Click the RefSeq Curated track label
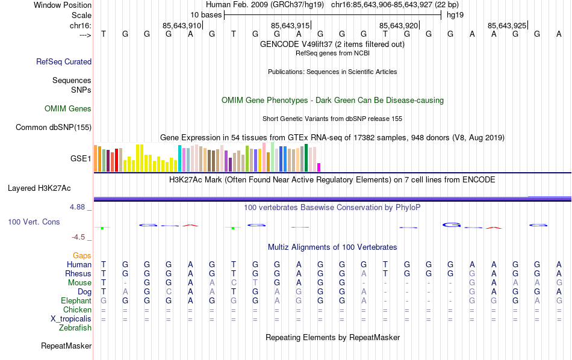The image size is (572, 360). [x=64, y=61]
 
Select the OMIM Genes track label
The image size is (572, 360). [x=68, y=109]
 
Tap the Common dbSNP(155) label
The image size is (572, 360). [x=54, y=127]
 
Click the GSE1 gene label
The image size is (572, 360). [x=81, y=159]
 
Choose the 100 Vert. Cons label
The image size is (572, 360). [x=34, y=222]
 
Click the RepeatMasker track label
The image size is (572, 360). [x=66, y=346]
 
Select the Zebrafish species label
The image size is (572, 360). [x=75, y=328]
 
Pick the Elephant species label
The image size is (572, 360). [x=76, y=300]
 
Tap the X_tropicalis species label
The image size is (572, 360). [x=71, y=318]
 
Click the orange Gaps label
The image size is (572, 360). [x=82, y=256]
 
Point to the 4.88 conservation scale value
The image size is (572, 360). [x=81, y=206]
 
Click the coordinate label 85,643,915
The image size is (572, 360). [x=290, y=25]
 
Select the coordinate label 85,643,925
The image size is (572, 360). [x=507, y=25]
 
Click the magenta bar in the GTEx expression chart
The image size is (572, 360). [x=319, y=167]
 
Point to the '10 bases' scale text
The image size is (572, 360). [x=207, y=15]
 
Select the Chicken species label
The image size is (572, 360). [x=77, y=309]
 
